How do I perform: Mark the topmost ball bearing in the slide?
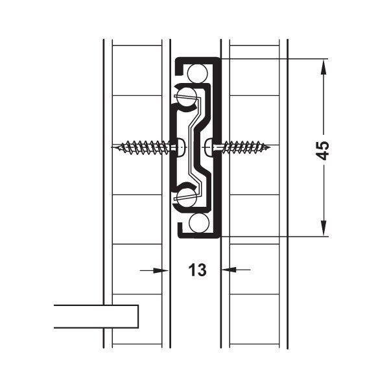[x=199, y=70]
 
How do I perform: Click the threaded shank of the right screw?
[x=243, y=147]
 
